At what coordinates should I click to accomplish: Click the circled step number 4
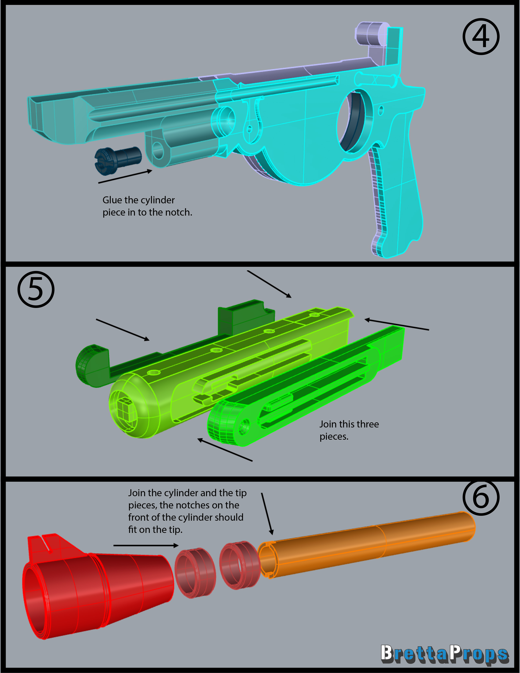click(481, 37)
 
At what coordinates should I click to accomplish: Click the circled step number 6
click(481, 497)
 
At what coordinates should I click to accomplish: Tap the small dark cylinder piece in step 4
click(118, 158)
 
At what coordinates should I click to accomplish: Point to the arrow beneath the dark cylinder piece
click(125, 176)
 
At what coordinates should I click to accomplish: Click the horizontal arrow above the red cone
click(146, 545)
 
